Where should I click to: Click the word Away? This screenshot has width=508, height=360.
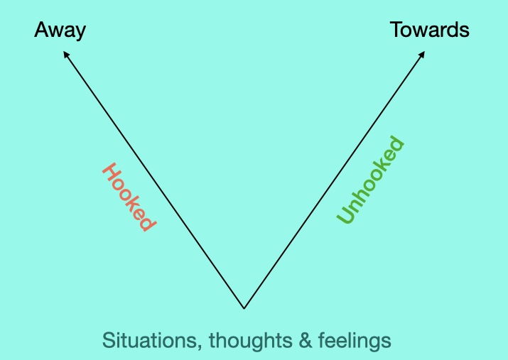[60, 31]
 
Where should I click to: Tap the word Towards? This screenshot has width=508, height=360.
[430, 29]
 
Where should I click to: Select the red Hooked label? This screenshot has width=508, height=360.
[129, 197]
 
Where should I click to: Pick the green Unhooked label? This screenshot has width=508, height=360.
[370, 180]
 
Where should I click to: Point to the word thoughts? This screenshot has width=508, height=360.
[251, 341]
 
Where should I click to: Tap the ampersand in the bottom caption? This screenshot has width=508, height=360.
[306, 341]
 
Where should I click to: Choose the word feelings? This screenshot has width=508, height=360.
[355, 341]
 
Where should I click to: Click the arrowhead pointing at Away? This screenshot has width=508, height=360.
[66, 55]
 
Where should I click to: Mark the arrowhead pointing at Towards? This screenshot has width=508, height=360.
[422, 55]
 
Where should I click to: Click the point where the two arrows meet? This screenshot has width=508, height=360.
[244, 308]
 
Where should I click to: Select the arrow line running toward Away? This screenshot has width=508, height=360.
[153, 180]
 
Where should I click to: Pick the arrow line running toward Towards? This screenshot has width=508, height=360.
[335, 180]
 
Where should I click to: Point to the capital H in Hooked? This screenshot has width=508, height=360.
[110, 172]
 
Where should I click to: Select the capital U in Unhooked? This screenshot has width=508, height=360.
[345, 214]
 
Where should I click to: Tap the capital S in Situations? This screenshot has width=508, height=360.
[109, 340]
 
